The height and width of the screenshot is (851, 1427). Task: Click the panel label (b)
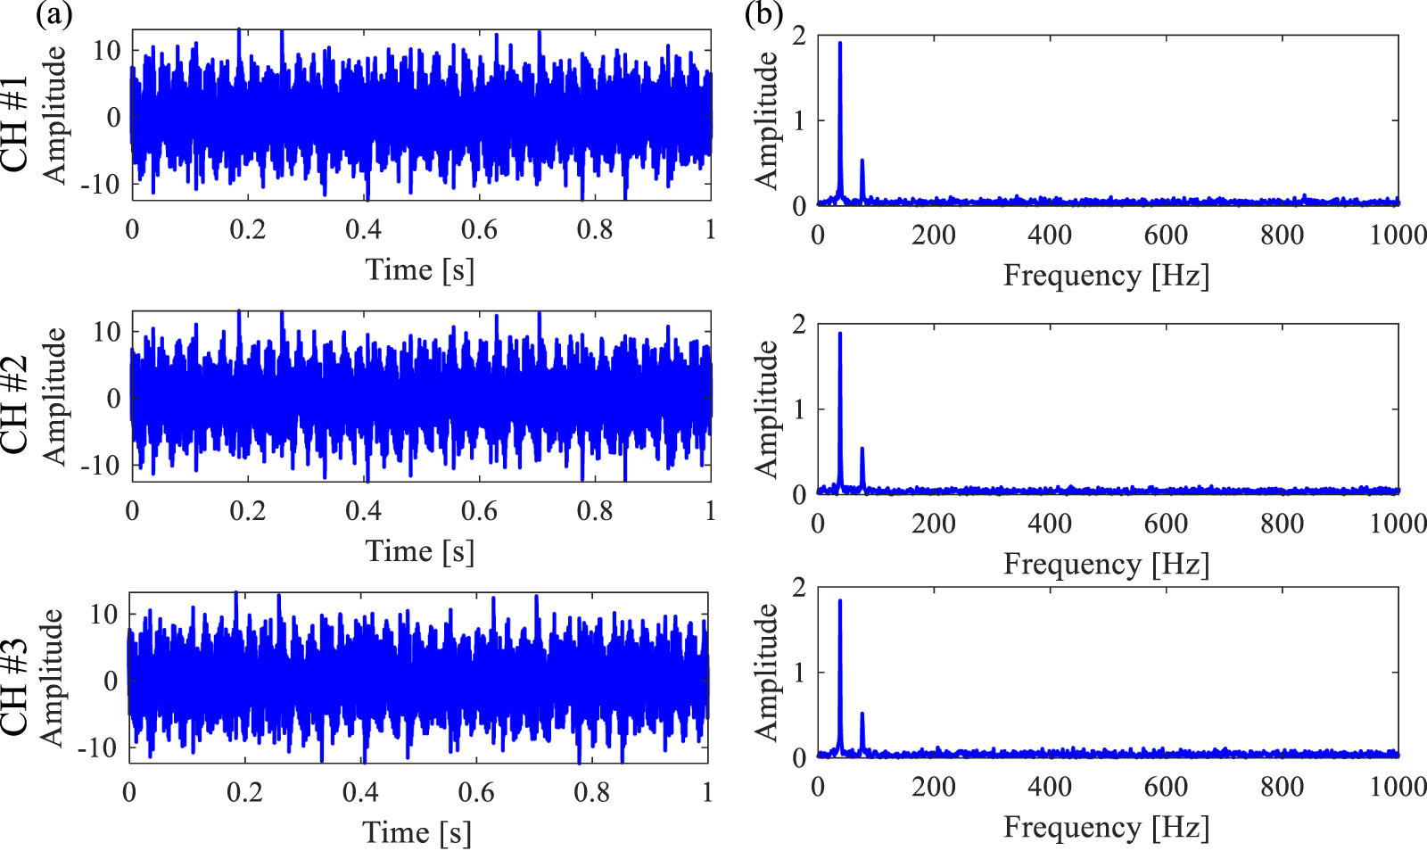(763, 13)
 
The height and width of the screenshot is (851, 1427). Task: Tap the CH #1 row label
(15, 123)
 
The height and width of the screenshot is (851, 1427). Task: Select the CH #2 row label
(15, 404)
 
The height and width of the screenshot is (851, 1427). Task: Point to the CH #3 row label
(15, 686)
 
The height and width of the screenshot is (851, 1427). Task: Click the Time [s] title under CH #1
(420, 269)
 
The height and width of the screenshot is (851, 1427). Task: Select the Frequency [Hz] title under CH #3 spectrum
(1106, 827)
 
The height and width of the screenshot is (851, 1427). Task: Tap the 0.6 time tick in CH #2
(479, 511)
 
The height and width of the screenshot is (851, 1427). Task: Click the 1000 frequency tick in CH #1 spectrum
(1398, 235)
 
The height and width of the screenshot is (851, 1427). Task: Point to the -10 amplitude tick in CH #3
(97, 748)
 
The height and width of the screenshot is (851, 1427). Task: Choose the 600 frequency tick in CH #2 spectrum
(1166, 524)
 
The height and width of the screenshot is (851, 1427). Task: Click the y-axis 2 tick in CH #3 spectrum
(798, 587)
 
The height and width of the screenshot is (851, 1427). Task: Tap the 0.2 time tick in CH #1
(247, 230)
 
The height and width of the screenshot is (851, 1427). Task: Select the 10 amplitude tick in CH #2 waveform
(107, 332)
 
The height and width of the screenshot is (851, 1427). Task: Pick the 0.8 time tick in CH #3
(591, 792)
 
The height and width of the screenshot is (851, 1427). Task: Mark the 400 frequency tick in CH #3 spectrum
(1050, 787)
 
